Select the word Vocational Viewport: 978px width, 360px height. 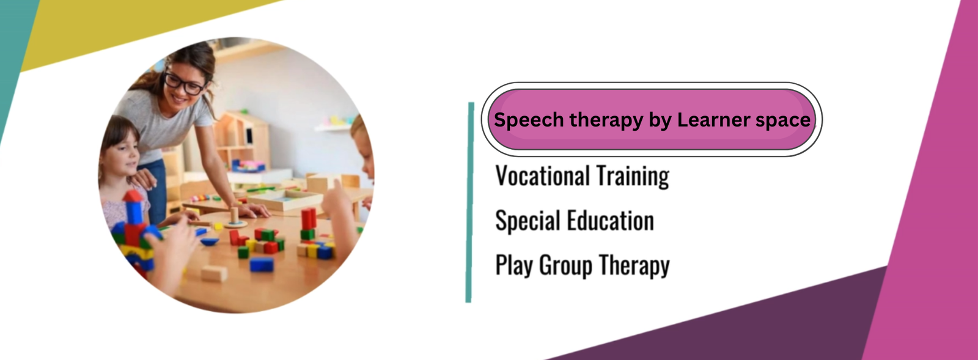pyautogui.click(x=543, y=176)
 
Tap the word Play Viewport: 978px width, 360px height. pyautogui.click(x=514, y=265)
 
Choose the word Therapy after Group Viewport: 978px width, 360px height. pyautogui.click(x=634, y=265)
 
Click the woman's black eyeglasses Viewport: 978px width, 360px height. pyautogui.click(x=184, y=83)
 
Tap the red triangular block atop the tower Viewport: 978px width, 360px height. pyautogui.click(x=133, y=196)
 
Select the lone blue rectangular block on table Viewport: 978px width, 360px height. pyautogui.click(x=262, y=265)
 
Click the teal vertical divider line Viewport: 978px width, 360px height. pyautogui.click(x=470, y=202)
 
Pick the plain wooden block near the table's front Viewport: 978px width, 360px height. pyautogui.click(x=214, y=274)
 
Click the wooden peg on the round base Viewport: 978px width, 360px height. pyautogui.click(x=235, y=215)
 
